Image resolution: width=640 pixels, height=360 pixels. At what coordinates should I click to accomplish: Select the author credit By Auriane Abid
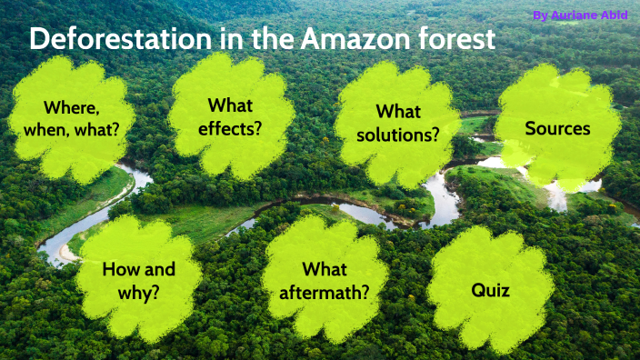click(579, 15)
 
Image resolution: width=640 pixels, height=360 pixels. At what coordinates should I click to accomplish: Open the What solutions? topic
click(397, 123)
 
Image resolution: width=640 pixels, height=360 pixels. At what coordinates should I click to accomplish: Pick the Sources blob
click(556, 128)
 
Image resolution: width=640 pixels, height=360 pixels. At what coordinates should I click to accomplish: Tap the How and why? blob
click(138, 280)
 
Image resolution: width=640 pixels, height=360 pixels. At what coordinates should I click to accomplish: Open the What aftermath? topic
click(325, 280)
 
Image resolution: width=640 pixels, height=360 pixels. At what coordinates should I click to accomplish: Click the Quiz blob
click(489, 290)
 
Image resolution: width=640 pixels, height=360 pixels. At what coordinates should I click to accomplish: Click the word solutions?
click(398, 134)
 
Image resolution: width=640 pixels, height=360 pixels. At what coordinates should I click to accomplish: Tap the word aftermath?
click(325, 292)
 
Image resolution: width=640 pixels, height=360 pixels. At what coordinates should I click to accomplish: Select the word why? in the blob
click(138, 292)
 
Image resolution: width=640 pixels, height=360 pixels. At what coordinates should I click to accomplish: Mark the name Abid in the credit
click(613, 15)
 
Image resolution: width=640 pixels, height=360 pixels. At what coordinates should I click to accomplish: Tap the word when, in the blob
click(50, 128)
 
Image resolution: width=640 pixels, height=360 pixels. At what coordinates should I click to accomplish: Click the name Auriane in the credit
click(574, 15)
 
